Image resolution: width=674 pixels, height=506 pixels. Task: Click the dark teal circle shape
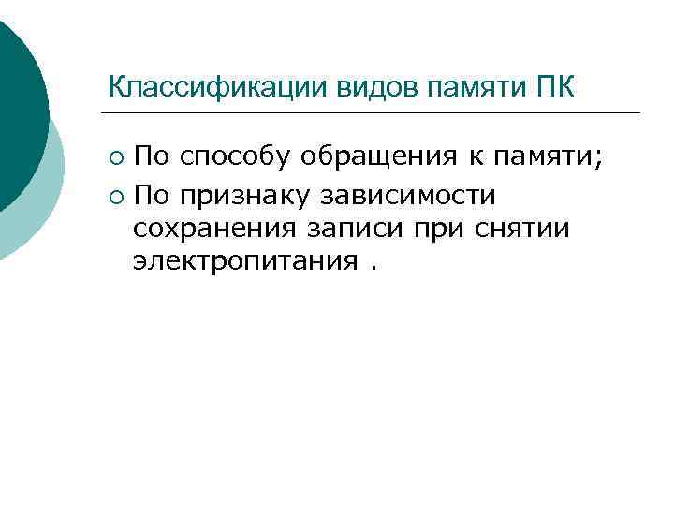pyautogui.click(x=14, y=103)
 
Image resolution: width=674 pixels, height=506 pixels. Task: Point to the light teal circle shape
pyautogui.click(x=42, y=211)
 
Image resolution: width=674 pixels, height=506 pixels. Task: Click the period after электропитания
pyautogui.click(x=374, y=266)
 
